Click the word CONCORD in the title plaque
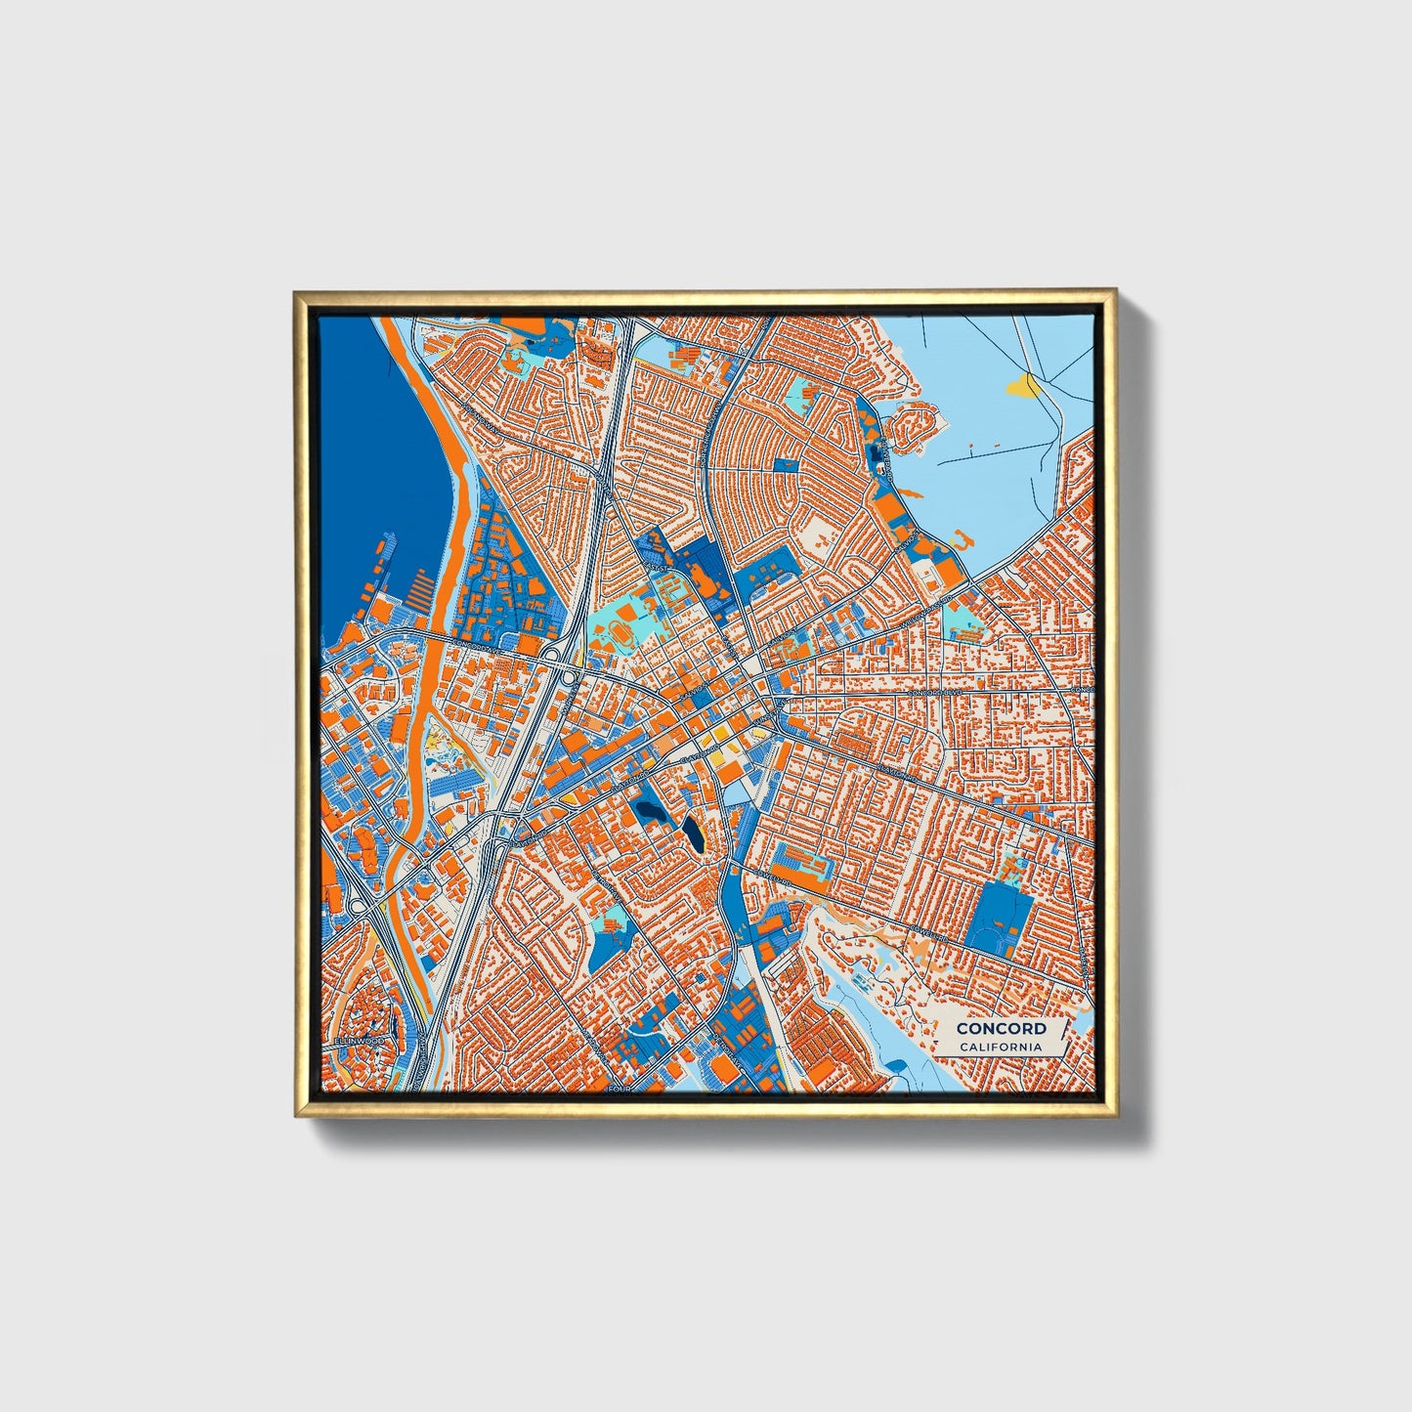click(x=1001, y=1028)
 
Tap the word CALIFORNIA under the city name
click(x=1001, y=1048)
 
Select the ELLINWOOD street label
click(x=359, y=1042)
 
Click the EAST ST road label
click(x=657, y=567)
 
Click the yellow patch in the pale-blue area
click(x=1023, y=387)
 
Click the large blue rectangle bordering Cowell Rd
click(x=998, y=920)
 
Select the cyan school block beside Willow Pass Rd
click(x=963, y=622)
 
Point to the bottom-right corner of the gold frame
click(x=1116, y=1116)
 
